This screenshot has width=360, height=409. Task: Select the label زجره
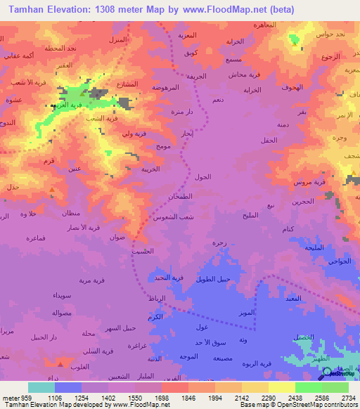coord(219,242)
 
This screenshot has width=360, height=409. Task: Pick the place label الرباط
coord(157,299)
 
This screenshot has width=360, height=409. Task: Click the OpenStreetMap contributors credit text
coord(321,403)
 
